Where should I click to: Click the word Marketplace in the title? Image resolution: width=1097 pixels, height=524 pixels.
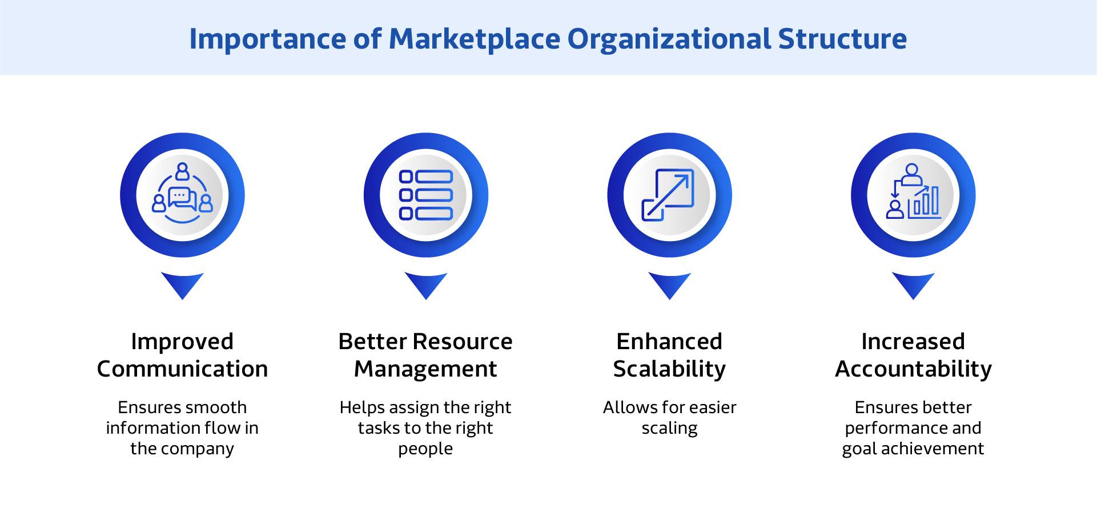[474, 39]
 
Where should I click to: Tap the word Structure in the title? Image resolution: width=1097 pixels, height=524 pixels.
[842, 39]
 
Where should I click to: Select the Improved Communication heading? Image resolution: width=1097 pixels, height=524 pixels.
[182, 355]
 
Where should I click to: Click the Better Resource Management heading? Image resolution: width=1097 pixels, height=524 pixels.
[425, 355]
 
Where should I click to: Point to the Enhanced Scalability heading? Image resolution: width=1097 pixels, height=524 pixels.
[669, 355]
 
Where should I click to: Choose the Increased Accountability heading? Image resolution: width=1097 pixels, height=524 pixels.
[913, 355]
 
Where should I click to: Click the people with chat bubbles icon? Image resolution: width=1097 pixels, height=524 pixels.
[182, 195]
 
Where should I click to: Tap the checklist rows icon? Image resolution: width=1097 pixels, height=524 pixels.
[426, 195]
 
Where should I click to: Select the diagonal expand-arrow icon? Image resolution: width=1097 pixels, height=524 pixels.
[669, 195]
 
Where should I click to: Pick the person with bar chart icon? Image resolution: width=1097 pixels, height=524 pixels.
[913, 193]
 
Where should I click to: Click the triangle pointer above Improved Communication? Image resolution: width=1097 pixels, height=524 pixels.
[182, 284]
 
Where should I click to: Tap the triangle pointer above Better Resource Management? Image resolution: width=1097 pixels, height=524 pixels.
[426, 284]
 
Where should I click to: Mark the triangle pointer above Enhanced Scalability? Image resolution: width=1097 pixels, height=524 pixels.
[669, 284]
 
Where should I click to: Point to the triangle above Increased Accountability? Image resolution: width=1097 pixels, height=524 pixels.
[913, 284]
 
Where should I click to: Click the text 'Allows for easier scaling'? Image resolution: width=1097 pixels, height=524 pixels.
[669, 418]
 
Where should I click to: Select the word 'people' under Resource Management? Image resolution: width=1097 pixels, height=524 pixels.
[425, 449]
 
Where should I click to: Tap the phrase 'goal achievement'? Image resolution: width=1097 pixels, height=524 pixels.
[913, 449]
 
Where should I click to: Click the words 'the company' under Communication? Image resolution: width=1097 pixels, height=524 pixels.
[182, 449]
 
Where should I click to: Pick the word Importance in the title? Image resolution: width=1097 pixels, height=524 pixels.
[267, 39]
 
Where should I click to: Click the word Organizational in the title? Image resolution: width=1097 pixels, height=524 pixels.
[669, 39]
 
